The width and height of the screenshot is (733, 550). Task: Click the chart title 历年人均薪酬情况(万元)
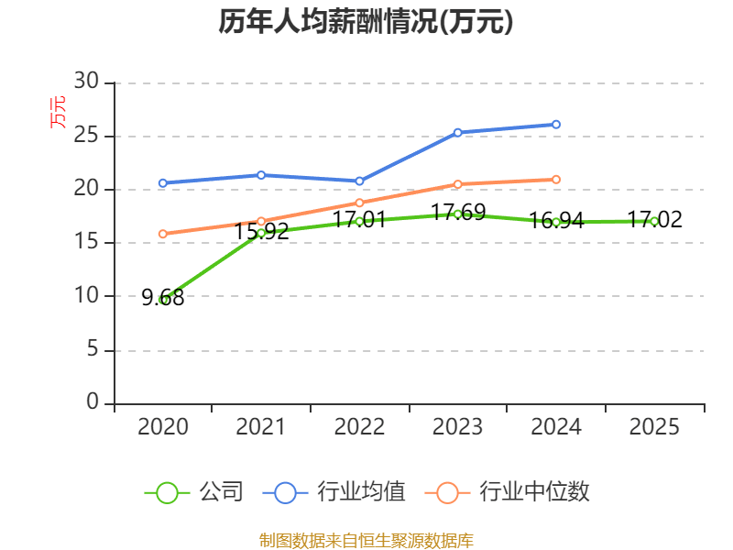click(366, 22)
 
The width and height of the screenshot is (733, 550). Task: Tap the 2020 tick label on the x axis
click(163, 426)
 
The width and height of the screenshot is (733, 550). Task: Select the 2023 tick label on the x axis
click(458, 426)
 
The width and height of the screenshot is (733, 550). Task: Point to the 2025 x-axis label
click(655, 426)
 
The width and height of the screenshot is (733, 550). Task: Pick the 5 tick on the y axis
click(92, 349)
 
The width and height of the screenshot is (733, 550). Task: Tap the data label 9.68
click(163, 297)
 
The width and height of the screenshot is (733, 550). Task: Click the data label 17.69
click(458, 213)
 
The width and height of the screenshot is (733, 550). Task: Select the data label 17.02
click(654, 220)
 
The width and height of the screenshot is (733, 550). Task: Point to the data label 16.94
click(556, 221)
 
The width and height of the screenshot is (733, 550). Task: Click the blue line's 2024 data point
click(556, 124)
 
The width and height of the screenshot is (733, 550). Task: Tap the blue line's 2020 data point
click(163, 183)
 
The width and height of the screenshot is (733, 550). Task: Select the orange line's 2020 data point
click(163, 234)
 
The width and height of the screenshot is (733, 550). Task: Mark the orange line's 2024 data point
click(556, 180)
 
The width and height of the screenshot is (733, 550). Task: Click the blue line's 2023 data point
click(458, 133)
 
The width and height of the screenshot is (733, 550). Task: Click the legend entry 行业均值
click(334, 492)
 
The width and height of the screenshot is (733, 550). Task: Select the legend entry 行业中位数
click(509, 492)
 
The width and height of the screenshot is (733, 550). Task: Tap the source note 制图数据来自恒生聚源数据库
click(366, 540)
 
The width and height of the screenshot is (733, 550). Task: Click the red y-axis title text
click(57, 113)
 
